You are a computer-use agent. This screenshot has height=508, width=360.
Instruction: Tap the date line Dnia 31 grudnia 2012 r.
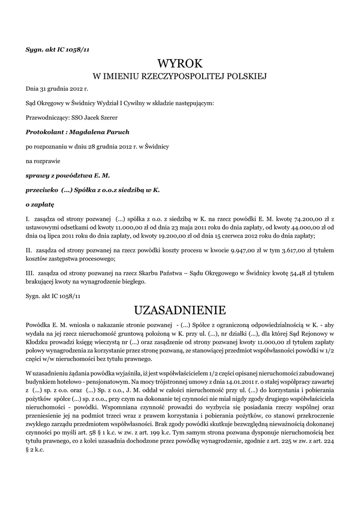tap(57, 89)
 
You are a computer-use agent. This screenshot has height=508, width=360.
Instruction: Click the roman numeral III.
tap(30, 273)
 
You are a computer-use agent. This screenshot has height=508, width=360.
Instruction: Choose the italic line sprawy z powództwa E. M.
tap(68, 175)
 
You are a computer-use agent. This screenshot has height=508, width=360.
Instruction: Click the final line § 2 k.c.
tap(37, 445)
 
